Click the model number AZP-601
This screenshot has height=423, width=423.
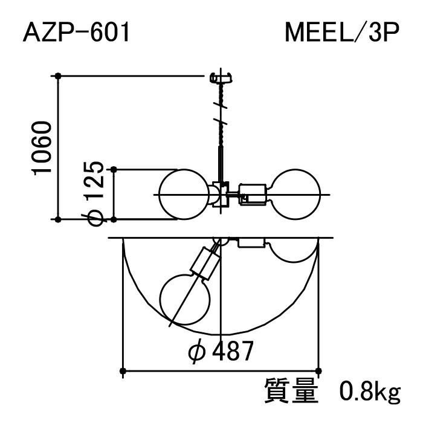coord(76,33)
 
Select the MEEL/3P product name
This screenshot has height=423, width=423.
coord(342,33)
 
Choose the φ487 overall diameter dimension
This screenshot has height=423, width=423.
coord(219,351)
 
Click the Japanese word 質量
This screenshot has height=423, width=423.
coord(291,392)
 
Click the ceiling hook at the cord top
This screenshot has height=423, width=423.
coord(221,78)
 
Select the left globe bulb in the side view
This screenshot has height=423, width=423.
coord(184,194)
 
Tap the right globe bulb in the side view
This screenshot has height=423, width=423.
coord(296,194)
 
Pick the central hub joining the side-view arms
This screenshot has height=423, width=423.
coord(221,195)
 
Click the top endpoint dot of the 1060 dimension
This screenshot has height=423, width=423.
coord(58,76)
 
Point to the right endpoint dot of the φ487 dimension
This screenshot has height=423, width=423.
coord(319,370)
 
